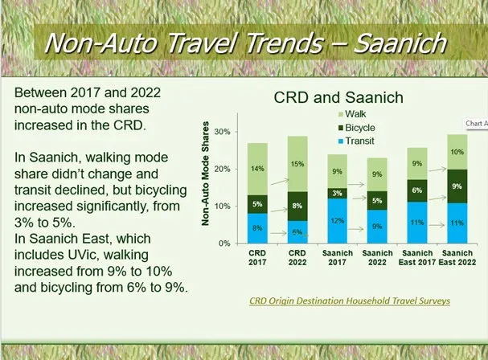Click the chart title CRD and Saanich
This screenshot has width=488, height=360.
pyautogui.click(x=338, y=98)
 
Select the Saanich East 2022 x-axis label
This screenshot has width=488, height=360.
pyautogui.click(x=454, y=258)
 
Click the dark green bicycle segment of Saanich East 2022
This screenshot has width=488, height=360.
pyautogui.click(x=454, y=186)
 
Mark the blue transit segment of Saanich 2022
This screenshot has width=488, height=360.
pyautogui.click(x=378, y=226)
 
